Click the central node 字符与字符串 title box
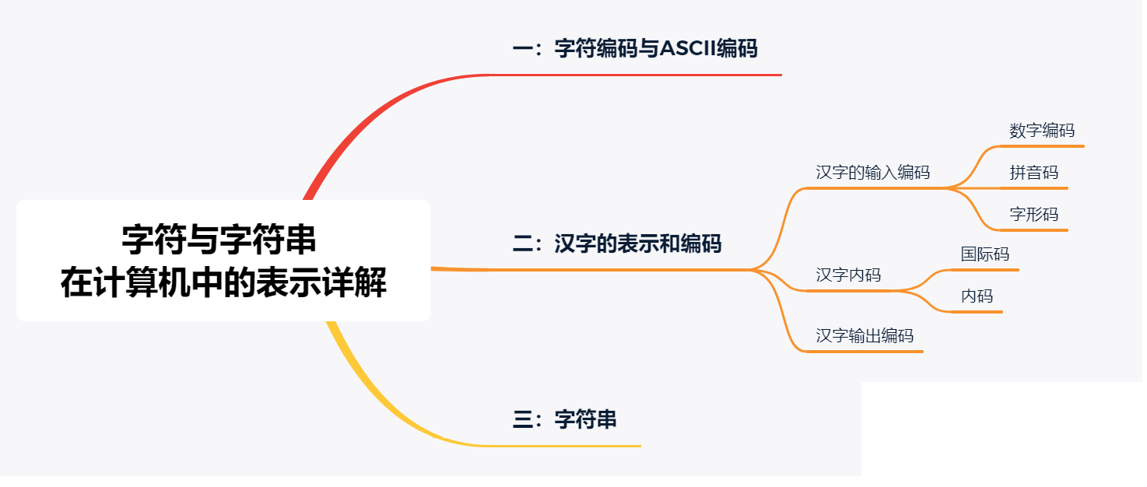[x=223, y=261]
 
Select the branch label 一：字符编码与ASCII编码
[x=634, y=49]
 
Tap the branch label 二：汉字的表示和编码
[x=617, y=243]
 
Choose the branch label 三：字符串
[x=565, y=420]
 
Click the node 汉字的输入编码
[x=872, y=172]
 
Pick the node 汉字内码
[x=848, y=275]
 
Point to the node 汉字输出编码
[x=865, y=336]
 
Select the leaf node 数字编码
[x=1042, y=131]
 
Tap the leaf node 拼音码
[x=1034, y=173]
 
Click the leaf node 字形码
[x=1034, y=214]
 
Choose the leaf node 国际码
[x=985, y=254]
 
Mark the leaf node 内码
[x=977, y=296]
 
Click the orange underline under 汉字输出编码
[x=864, y=352]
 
